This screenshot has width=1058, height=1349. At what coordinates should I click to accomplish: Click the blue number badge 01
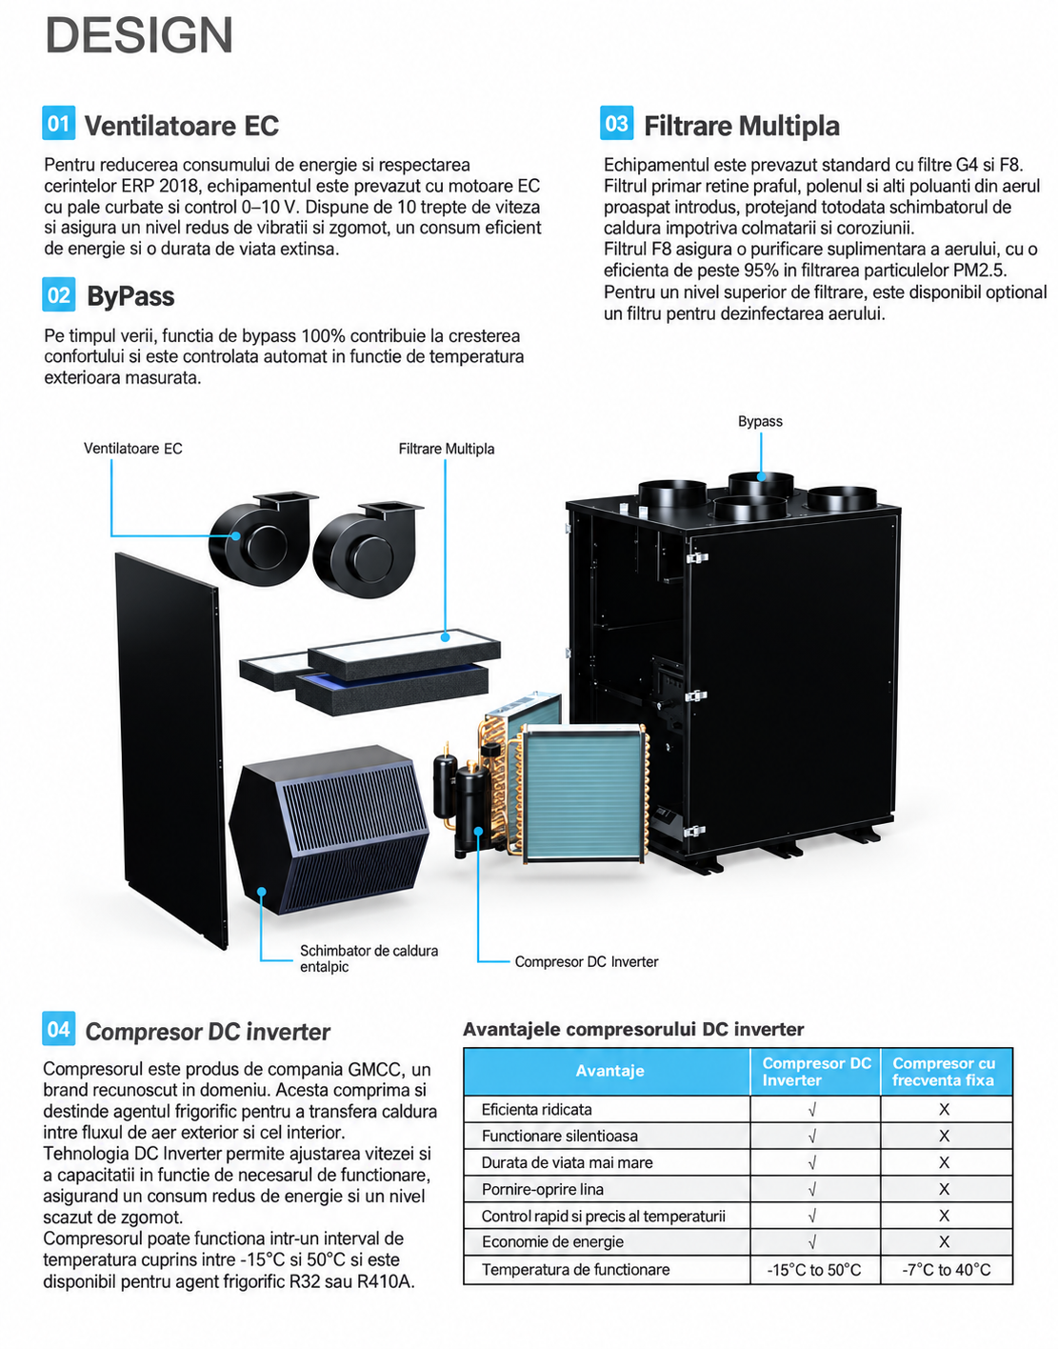58,123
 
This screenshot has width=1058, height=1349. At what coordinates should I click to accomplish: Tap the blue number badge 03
616,123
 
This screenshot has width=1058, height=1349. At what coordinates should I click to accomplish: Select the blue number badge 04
58,1029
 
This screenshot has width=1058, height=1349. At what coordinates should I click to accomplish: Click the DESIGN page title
139,35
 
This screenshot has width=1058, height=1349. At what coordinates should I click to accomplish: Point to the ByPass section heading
130,295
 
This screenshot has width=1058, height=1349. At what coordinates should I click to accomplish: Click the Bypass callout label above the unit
760,421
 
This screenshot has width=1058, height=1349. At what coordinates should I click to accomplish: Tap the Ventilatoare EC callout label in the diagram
132,448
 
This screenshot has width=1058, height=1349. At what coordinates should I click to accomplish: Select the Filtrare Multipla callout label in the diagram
447,448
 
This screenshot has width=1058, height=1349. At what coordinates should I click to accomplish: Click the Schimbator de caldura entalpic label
369,957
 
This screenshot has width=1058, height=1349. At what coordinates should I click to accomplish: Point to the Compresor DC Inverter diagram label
586,961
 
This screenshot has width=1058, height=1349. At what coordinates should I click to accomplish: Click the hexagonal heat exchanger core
329,830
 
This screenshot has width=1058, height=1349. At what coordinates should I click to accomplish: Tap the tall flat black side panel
170,750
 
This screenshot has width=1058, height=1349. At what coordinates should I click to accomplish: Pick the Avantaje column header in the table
609,1070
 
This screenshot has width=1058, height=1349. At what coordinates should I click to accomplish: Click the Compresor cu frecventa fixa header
943,1072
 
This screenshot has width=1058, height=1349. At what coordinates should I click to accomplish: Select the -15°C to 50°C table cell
813,1270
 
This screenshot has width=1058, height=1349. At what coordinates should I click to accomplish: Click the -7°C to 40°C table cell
946,1270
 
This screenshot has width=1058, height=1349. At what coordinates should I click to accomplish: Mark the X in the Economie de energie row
944,1241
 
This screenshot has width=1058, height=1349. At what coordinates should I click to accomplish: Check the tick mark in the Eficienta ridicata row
812,1109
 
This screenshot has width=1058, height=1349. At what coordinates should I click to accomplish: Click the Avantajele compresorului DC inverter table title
633,1029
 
